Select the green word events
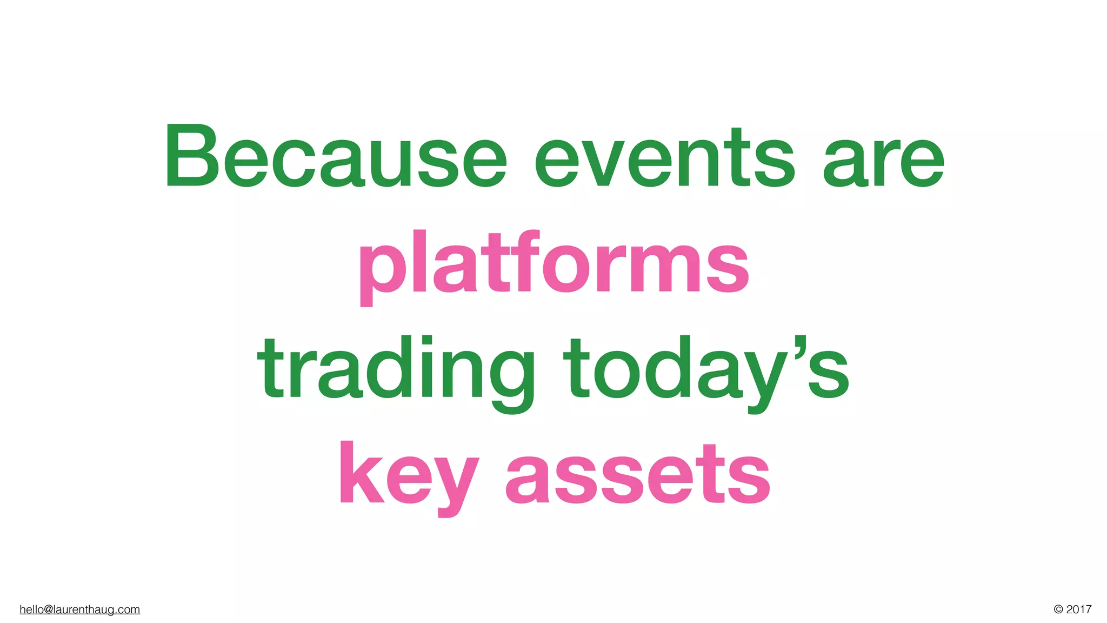tap(664, 158)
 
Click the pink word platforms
tap(553, 265)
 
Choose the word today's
tap(705, 370)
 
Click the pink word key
tap(408, 476)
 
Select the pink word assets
tap(637, 476)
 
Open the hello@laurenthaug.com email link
tap(79, 609)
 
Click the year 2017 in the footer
tap(1079, 609)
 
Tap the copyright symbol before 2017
tap(1058, 609)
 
